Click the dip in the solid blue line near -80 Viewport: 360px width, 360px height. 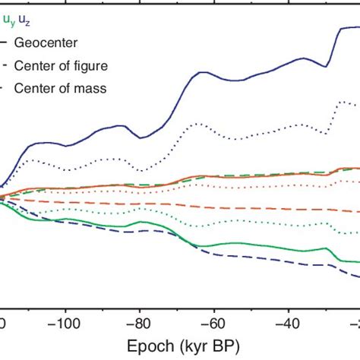click(141, 137)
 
